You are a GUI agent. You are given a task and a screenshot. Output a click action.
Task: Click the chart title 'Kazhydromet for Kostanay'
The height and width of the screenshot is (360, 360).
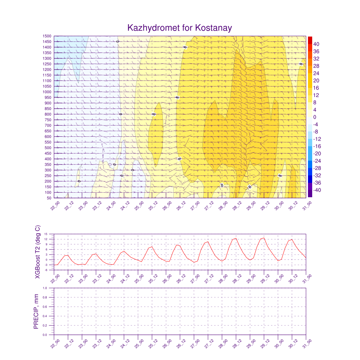[x=180, y=28]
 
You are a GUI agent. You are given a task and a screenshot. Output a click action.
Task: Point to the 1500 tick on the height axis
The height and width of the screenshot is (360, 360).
[x=47, y=36]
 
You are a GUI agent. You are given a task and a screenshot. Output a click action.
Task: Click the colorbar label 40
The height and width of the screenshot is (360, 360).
[x=316, y=44]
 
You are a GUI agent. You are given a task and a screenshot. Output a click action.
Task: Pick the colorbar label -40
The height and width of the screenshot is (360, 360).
[x=316, y=190]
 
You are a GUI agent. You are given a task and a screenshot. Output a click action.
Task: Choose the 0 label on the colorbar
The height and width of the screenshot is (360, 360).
[x=315, y=117]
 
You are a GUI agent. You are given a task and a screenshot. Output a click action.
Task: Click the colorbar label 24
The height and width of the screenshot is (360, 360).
[x=316, y=73]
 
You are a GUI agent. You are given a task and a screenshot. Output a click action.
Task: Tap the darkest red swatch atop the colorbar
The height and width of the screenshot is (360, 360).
[x=310, y=40]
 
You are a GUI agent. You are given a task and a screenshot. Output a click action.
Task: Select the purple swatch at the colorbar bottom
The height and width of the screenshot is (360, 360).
[x=310, y=193]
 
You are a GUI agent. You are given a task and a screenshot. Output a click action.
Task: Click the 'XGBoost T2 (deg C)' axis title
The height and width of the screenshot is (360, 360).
[x=38, y=252]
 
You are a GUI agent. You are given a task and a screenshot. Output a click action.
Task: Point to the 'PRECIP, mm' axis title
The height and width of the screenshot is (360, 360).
[x=36, y=311]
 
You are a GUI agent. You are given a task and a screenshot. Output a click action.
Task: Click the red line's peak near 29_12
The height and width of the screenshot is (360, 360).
[x=264, y=238]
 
